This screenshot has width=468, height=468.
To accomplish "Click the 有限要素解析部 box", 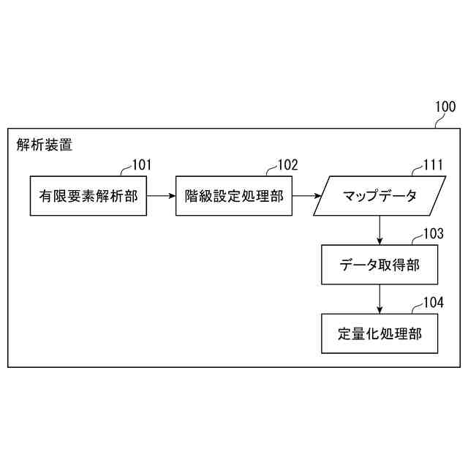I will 88,196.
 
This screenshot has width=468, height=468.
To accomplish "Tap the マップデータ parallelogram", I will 380,196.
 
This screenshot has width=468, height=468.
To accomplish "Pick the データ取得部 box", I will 380,265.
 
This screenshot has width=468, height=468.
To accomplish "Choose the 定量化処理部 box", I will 380,333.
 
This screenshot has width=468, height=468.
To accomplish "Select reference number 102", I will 287,165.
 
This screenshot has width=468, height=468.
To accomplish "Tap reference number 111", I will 433,165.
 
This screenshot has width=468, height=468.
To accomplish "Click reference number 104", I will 433,302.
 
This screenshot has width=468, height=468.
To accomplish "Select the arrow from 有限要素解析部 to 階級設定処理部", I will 161,196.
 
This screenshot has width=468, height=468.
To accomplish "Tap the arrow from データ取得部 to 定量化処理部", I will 380,299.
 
